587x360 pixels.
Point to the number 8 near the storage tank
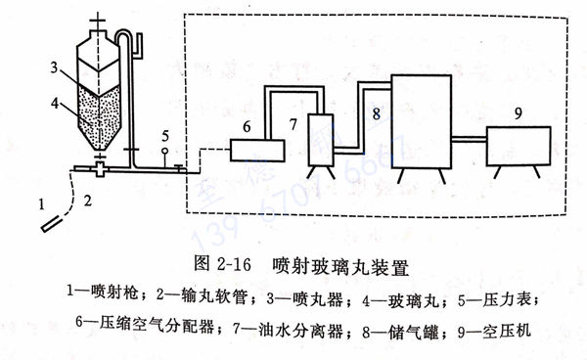coord(373,113)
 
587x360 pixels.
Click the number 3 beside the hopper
coord(58,67)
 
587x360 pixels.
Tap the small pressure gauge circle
coord(165,151)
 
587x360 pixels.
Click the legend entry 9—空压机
coord(495,331)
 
